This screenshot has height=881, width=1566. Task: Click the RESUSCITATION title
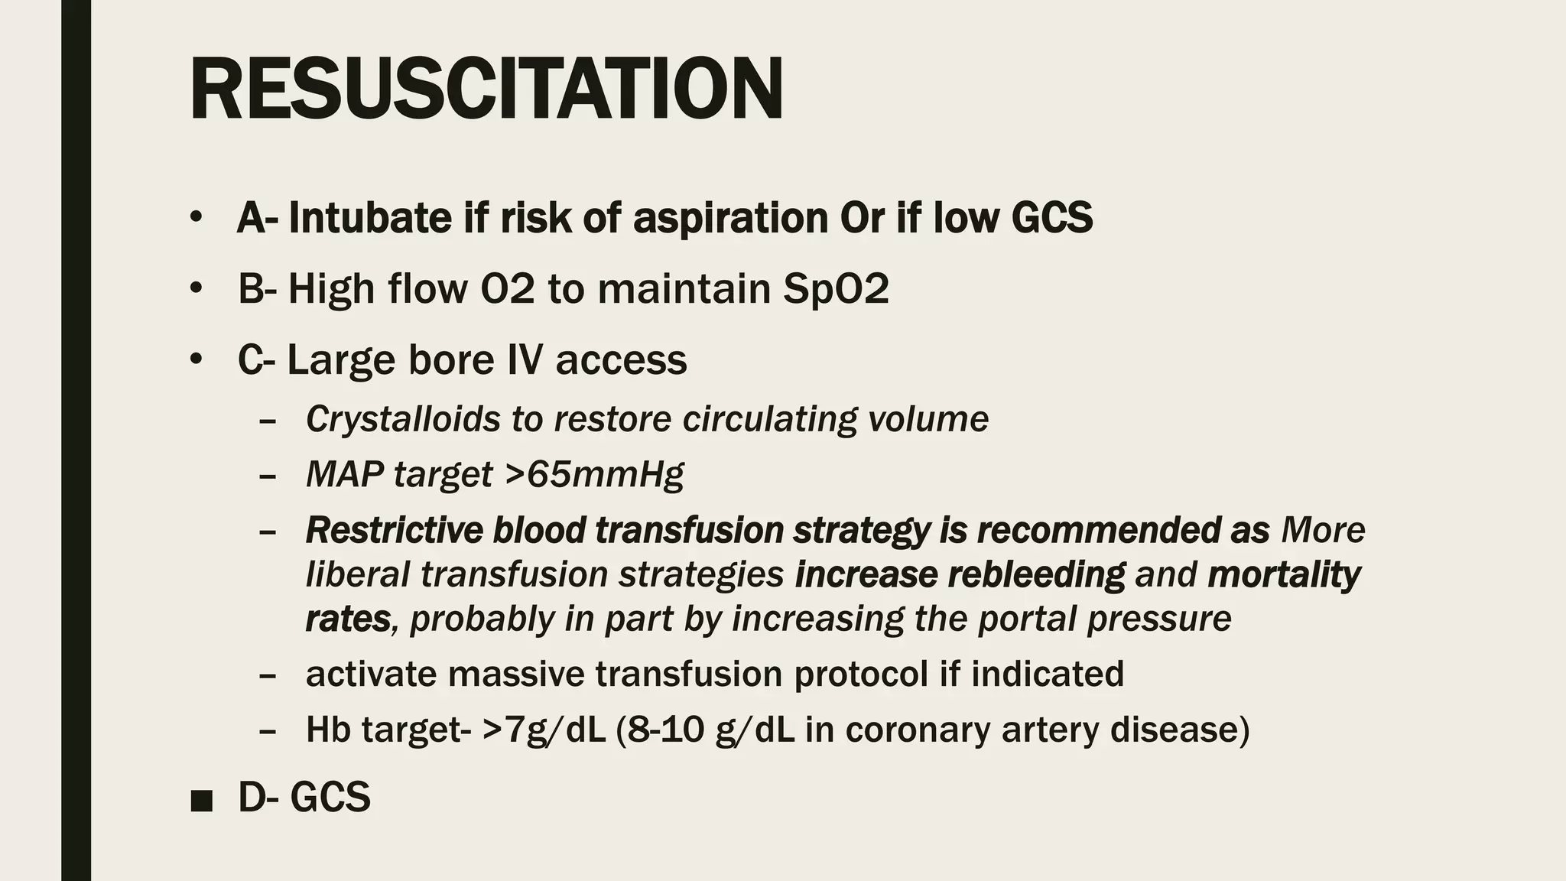point(486,89)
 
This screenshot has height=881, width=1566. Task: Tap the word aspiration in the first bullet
point(730,218)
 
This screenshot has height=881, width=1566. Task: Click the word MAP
point(344,474)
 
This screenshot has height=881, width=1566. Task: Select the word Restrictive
point(394,530)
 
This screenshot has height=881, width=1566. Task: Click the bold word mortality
point(1284,574)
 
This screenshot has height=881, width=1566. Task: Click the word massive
point(515,674)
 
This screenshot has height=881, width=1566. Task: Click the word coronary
point(918,729)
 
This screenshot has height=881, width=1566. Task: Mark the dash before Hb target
point(268,730)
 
